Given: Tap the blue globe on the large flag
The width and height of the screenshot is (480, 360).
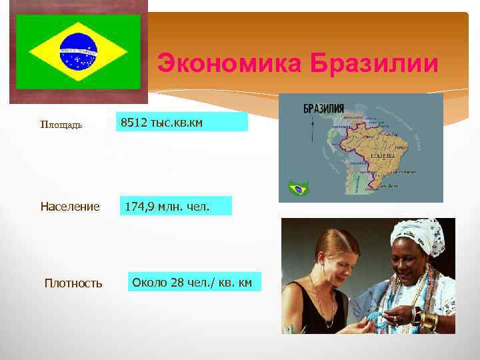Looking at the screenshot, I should point(79,51).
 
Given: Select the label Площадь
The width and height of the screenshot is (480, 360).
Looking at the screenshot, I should point(61,125).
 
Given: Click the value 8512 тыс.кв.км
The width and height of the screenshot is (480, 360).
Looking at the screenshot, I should point(161,123).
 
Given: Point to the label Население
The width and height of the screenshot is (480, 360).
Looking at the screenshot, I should point(70,207).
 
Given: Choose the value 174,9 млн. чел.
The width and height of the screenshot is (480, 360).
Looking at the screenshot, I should point(167,207).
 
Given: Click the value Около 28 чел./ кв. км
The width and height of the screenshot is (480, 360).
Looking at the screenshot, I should point(192,282).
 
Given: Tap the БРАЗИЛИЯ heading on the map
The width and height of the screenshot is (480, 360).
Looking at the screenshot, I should point(324,108).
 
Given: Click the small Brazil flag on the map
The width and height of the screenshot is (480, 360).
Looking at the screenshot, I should point(298,189).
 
